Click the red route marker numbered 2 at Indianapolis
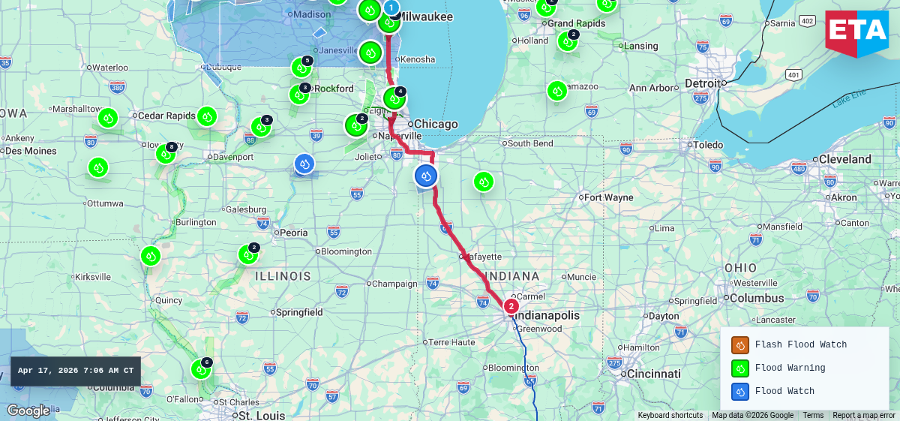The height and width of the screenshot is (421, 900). pos(511,306)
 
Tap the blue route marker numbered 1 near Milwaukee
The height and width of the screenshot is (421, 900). pos(391,8)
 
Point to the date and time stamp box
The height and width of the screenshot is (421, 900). pos(76,371)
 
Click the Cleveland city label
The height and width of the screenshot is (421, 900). pos(844,159)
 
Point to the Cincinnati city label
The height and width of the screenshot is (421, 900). pos(653,374)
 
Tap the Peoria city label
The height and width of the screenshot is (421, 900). pos(293,233)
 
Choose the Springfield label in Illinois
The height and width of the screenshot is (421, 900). pos(299,312)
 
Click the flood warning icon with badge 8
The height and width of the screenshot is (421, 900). pos(165,154)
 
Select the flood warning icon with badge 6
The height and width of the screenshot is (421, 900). pos(200,369)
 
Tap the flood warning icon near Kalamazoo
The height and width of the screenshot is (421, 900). pos(556,91)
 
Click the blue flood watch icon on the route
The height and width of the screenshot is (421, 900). pos(426,176)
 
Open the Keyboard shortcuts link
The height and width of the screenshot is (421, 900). pos(670,415)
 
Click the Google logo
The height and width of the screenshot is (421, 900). pos(28,410)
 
